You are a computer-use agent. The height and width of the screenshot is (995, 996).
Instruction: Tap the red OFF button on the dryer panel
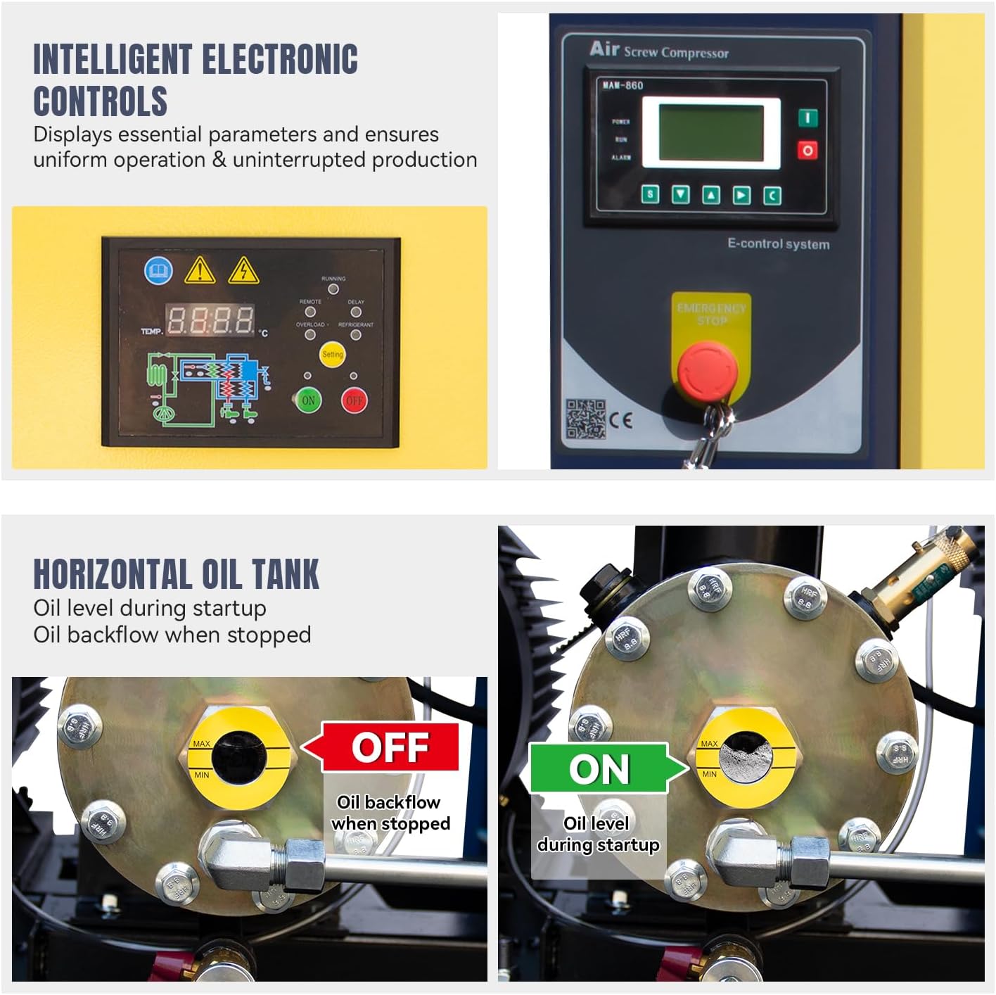coord(354,400)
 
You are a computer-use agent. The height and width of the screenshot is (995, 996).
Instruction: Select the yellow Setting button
coord(332,354)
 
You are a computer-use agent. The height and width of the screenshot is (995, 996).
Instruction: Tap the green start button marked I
coord(807,118)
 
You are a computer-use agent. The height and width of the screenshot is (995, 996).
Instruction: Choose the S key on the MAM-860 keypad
coord(651,194)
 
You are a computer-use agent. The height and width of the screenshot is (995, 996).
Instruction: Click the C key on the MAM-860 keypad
coord(772,195)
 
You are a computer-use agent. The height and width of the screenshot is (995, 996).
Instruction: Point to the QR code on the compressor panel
coord(586,419)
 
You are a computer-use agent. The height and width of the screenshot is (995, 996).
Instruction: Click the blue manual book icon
coord(158,270)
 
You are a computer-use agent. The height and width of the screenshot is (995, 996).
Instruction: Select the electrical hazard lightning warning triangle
coord(243,271)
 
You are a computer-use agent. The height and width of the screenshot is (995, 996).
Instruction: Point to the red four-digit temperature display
coord(210,320)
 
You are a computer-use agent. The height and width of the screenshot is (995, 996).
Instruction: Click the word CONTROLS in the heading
coord(101,101)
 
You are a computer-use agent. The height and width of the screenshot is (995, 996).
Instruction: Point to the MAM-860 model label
coord(622,85)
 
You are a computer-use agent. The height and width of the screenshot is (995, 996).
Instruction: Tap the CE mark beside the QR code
coord(621,420)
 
